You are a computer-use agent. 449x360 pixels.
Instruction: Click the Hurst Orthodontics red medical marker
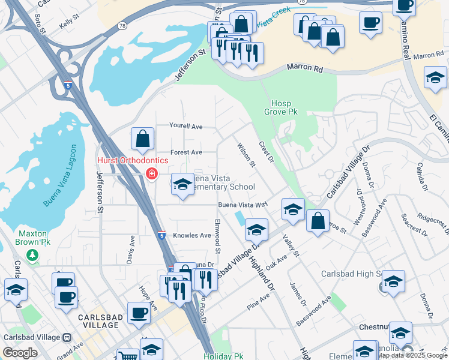coord(151,174)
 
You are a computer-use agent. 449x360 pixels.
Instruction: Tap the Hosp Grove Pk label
coord(281,107)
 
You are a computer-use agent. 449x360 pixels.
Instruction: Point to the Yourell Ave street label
coord(186,127)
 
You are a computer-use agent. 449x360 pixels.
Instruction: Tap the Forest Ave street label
coord(187,152)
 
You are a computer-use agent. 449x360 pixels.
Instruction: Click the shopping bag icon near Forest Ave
coord(143,139)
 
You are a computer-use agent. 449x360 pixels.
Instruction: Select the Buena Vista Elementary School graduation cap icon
coord(182,184)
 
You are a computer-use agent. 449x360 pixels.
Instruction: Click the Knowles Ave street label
coord(191,236)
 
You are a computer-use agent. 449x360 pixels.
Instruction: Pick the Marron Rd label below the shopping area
coord(304,69)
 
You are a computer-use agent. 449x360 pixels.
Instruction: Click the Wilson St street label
coord(246,155)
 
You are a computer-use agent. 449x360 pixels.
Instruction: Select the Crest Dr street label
coord(266,151)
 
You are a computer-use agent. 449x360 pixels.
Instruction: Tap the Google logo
coord(20,353)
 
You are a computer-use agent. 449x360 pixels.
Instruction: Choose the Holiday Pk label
coord(223,356)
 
